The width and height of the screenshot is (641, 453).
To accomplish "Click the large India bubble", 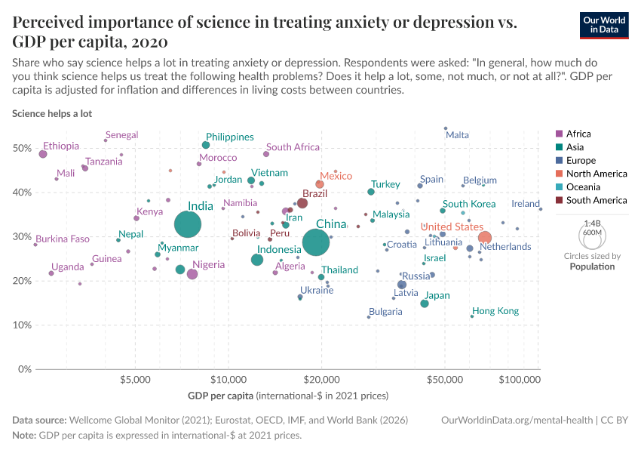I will pos(188,224).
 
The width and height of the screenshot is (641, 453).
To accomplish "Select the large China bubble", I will pos(317,242).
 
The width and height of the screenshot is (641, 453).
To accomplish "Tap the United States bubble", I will pos(485,238).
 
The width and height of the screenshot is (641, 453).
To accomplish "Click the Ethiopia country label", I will pos(61,146).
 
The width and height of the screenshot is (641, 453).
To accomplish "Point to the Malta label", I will pos(457,135).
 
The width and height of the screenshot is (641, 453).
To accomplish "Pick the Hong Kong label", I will pos(495,311).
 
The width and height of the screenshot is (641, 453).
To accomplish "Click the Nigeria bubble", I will pos(192,274).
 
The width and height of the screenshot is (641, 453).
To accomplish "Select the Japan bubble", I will pos(425,304).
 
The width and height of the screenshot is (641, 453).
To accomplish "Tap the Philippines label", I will pos(229,137).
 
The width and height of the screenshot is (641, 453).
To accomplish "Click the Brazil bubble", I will pos(302,203).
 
